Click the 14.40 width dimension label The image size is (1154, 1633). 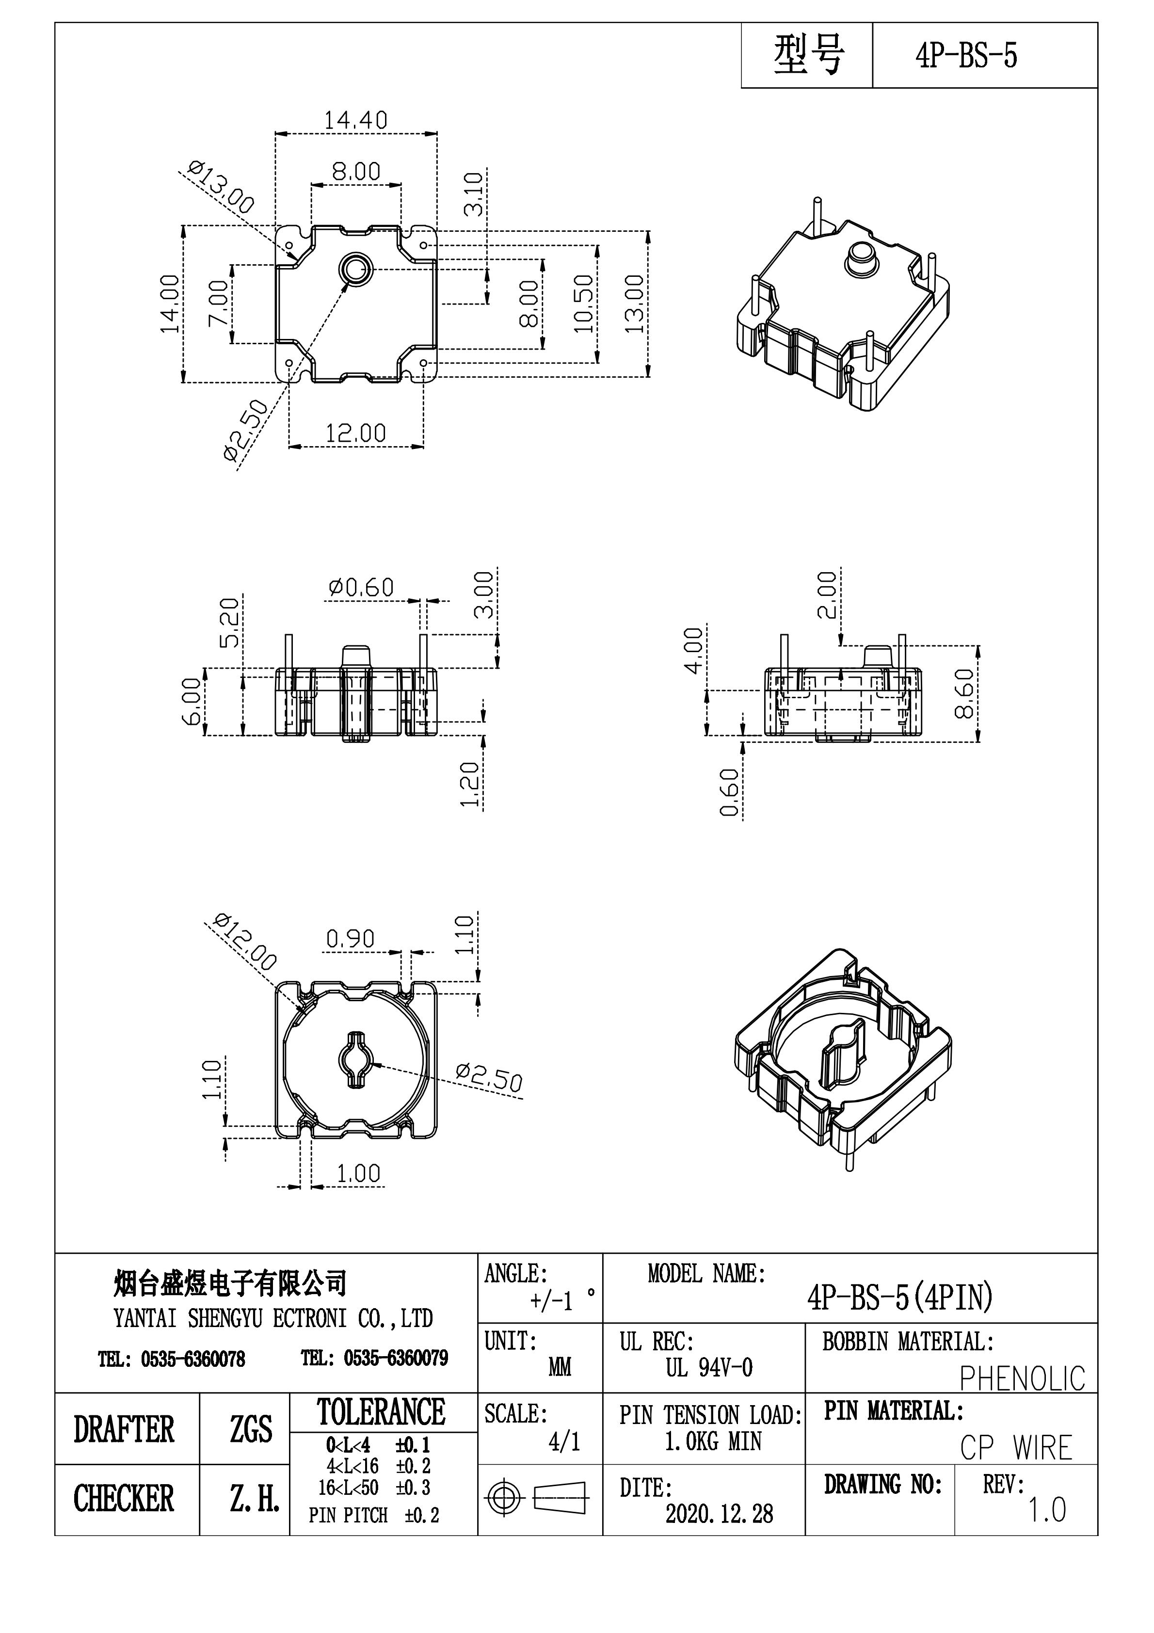pos(356,120)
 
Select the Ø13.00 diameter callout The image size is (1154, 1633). pos(221,187)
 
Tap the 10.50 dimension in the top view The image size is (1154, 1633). pos(583,304)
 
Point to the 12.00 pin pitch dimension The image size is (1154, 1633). pos(356,432)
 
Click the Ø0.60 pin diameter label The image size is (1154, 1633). pos(361,588)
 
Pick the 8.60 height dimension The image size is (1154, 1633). pos(965,693)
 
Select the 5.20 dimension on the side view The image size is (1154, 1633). pos(229,623)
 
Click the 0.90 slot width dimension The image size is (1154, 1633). pos(350,939)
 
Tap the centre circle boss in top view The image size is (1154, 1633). pos(354,268)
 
